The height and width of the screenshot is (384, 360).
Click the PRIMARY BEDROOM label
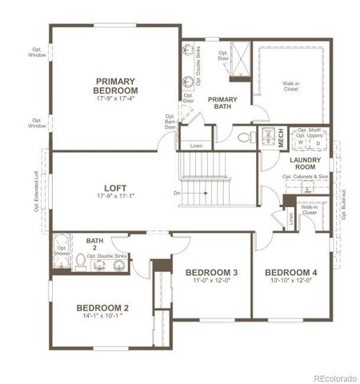(x=117, y=86)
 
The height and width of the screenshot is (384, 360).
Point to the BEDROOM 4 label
(x=291, y=273)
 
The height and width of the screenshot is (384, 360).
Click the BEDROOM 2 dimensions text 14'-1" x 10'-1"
(x=103, y=317)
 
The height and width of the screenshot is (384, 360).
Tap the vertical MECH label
(x=282, y=139)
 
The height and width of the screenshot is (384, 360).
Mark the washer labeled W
(x=300, y=144)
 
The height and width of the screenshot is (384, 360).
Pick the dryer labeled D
(x=318, y=144)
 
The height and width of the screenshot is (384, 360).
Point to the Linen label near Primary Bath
(x=196, y=146)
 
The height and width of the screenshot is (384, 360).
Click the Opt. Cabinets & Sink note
(x=306, y=177)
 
